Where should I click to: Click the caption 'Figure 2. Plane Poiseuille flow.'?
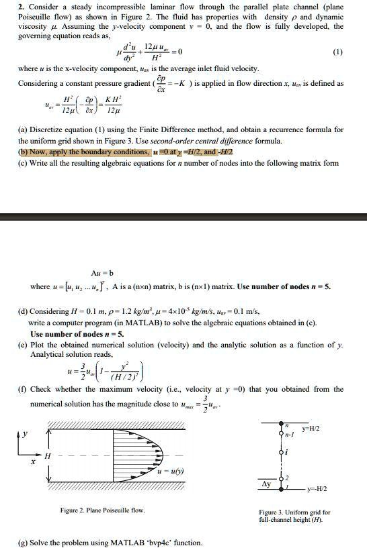click(x=102, y=510)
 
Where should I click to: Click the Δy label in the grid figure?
click(x=267, y=483)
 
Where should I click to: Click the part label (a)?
click(x=23, y=129)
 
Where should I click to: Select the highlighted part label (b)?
click(x=23, y=152)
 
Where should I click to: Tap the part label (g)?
click(x=23, y=542)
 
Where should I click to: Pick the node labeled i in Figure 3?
click(x=286, y=453)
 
